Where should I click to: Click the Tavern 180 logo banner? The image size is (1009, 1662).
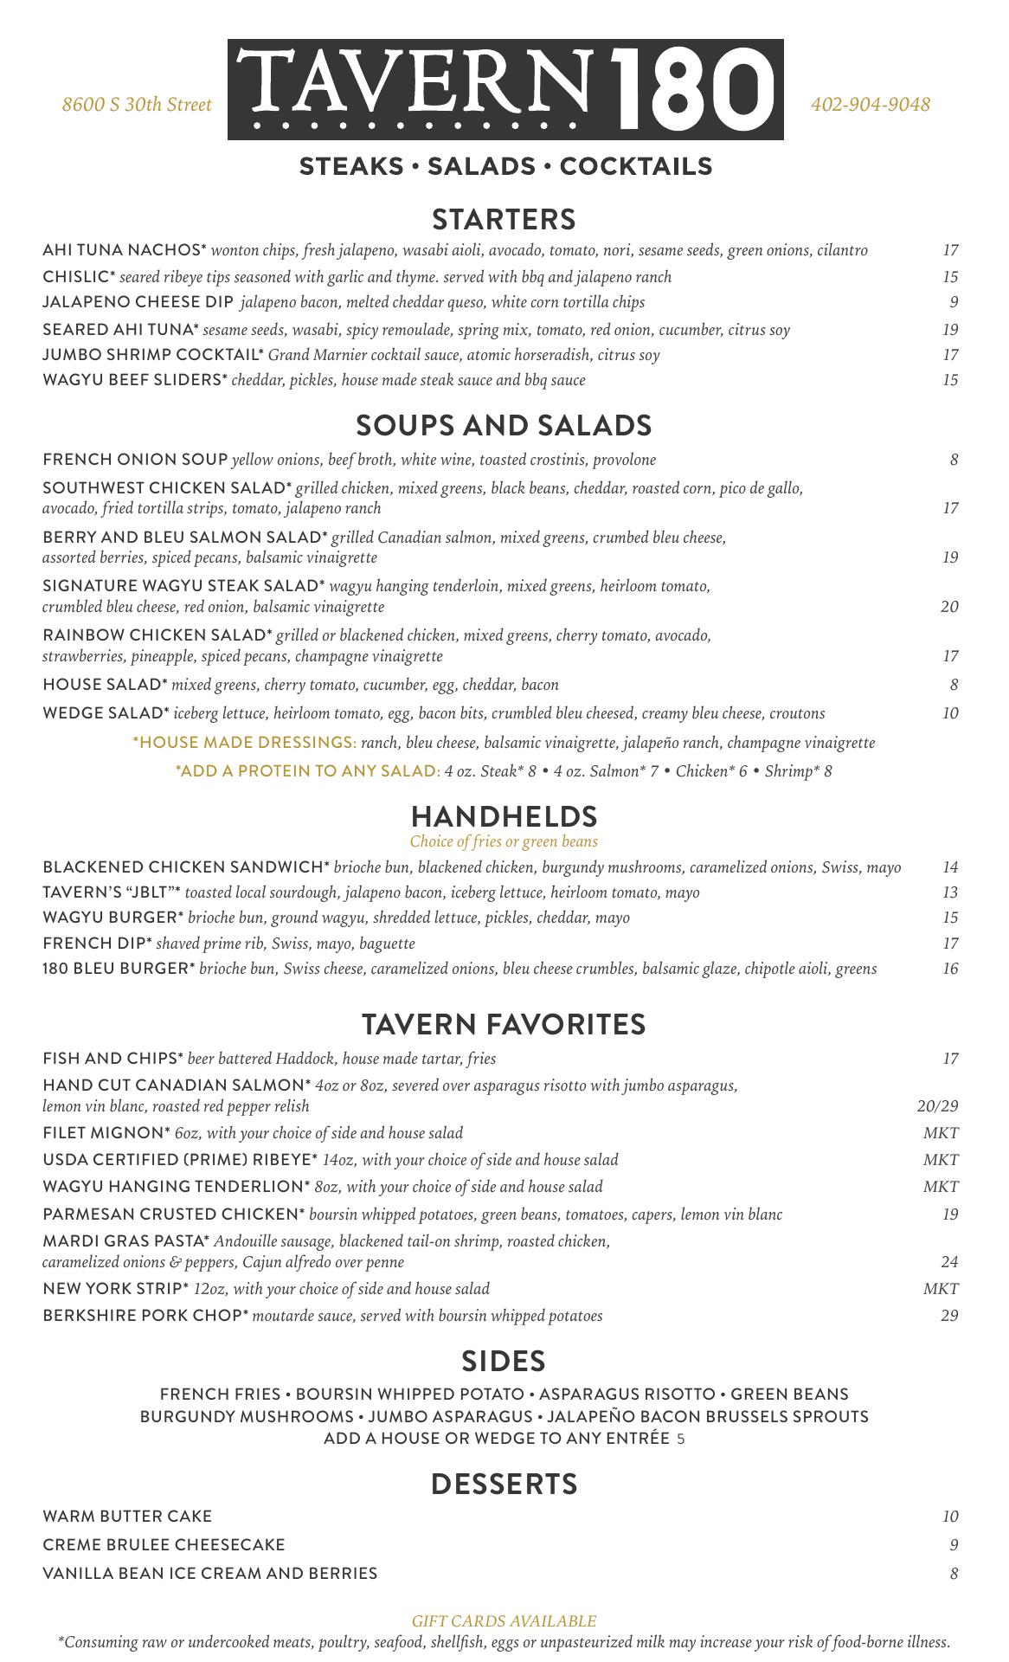point(505,89)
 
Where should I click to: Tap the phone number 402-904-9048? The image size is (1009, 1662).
point(871,105)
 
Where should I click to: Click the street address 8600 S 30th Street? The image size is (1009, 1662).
point(137,105)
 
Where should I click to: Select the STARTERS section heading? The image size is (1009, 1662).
point(504,219)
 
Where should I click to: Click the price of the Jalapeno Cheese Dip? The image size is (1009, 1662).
point(954,302)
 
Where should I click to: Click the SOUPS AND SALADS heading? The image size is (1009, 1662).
point(504,425)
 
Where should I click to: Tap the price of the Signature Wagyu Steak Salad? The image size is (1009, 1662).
point(949,606)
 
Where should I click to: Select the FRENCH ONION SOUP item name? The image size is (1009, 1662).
point(135,459)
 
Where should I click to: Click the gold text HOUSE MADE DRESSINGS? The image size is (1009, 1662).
point(245,742)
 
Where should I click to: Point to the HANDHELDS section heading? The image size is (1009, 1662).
point(504,816)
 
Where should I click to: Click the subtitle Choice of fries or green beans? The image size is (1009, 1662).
point(504,841)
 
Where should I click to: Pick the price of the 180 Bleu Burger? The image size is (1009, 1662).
point(950,969)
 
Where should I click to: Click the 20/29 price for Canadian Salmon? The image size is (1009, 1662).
point(937,1105)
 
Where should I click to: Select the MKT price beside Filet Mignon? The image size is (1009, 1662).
point(941,1132)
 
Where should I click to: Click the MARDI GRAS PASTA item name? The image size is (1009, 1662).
point(125,1240)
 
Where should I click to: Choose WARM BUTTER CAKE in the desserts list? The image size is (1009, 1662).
point(127,1516)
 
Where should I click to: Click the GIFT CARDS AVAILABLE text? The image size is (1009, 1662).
point(504,1620)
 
